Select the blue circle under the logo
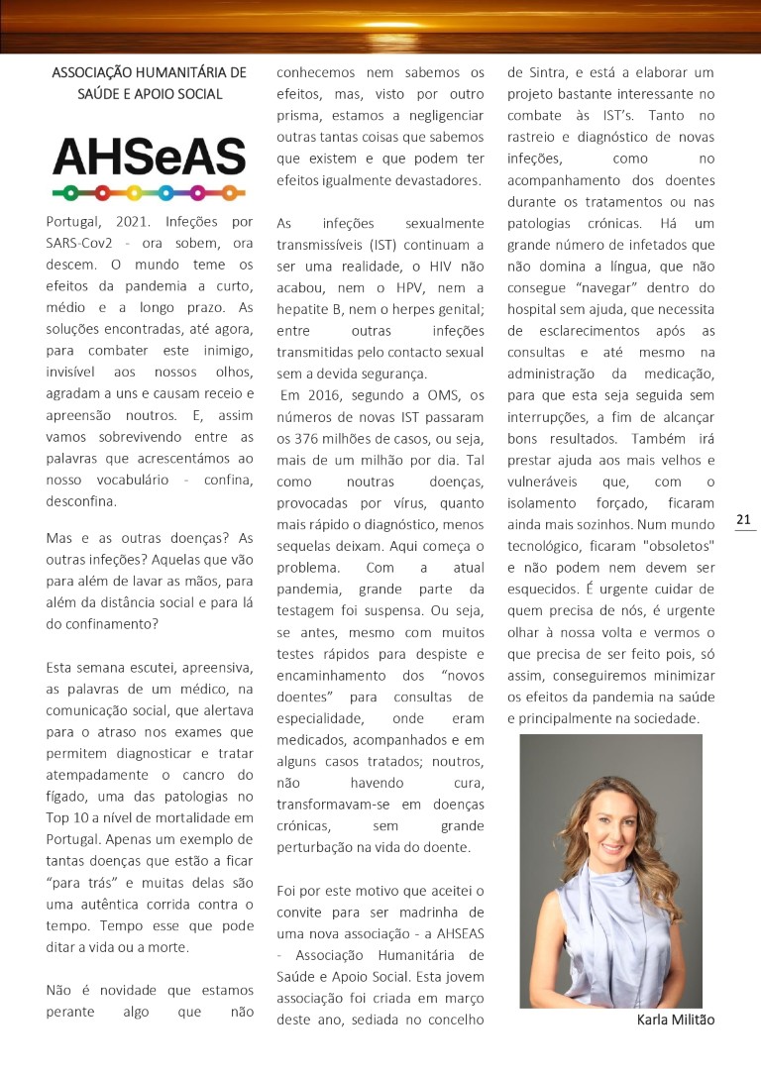165,192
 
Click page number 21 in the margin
744,519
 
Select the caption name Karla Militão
675,1020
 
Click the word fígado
68,796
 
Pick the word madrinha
429,912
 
